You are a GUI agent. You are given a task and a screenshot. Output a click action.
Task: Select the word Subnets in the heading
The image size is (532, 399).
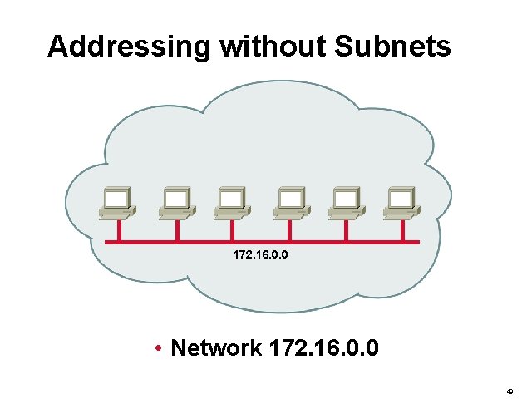[392, 47]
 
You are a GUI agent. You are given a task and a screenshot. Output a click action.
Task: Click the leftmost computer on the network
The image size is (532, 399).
[116, 203]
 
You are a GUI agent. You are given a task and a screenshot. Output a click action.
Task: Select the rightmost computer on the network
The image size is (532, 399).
[401, 203]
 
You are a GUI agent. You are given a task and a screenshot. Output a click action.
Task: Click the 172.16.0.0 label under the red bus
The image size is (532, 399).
[262, 256]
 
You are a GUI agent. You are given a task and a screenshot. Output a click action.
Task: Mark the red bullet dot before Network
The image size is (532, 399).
[158, 347]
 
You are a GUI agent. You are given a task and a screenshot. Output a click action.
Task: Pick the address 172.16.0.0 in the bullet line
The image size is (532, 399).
[325, 347]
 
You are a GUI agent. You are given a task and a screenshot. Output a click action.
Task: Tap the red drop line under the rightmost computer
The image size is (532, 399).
[403, 230]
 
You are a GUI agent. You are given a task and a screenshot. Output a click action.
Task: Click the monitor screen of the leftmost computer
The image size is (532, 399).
[115, 198]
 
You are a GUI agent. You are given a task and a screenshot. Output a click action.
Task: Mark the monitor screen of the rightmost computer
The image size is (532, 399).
[401, 198]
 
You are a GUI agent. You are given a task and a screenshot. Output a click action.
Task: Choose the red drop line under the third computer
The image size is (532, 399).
[234, 230]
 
